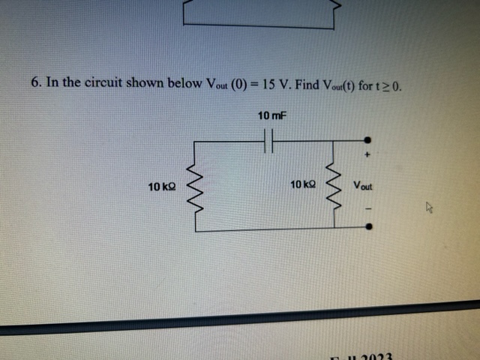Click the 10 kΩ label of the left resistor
[163, 185]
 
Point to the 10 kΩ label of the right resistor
[302, 182]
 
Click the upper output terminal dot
[367, 139]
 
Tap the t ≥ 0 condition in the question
[388, 85]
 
